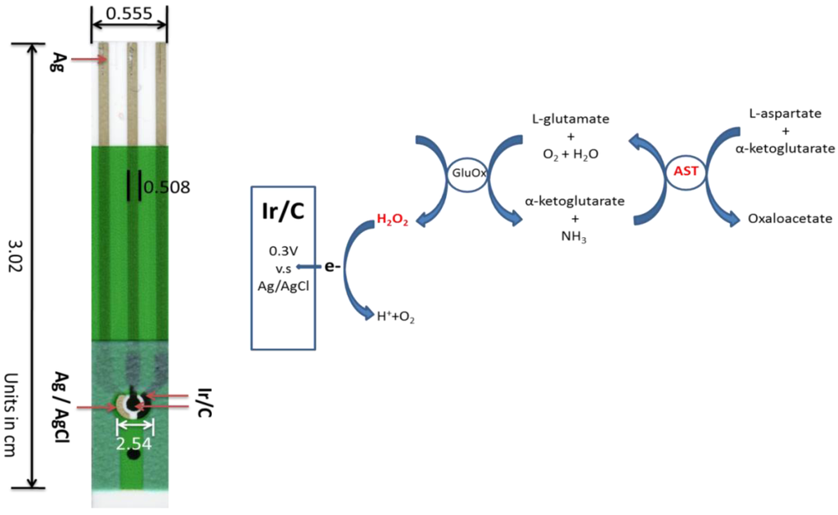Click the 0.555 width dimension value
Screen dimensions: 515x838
click(129, 14)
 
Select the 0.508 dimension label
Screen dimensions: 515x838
click(166, 187)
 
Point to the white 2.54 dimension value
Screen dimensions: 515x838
click(134, 443)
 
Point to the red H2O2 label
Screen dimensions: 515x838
click(392, 221)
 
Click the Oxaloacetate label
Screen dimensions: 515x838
click(790, 219)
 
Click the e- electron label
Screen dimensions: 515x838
click(332, 266)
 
